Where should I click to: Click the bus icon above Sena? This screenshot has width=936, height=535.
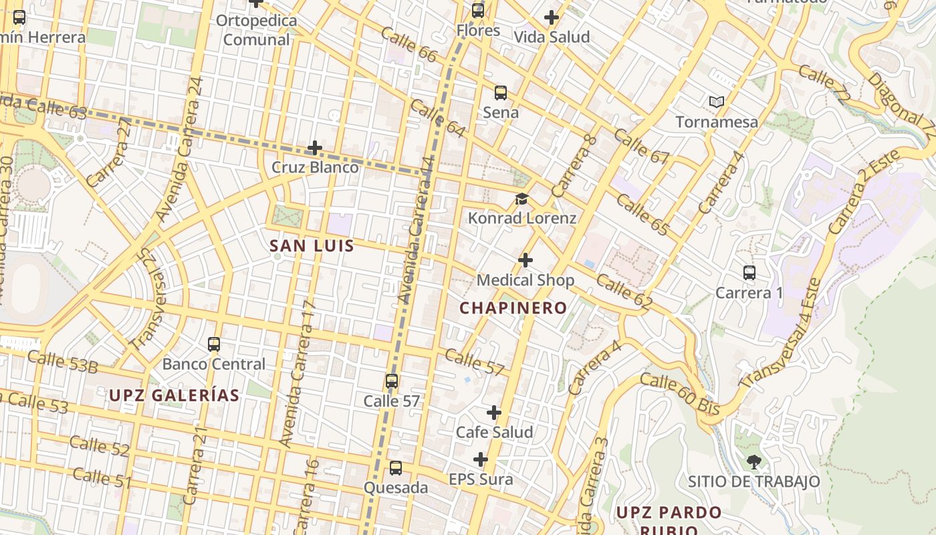click(500, 93)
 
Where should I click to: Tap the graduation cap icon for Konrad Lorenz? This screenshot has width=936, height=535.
click(521, 199)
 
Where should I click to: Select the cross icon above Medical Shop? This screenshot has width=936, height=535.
click(525, 260)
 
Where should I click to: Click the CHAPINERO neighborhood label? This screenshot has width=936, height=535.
click(513, 308)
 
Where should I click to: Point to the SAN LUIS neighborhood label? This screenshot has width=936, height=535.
click(312, 246)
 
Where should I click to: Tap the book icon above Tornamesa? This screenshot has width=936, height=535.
click(717, 102)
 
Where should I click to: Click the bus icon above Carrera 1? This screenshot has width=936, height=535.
click(749, 273)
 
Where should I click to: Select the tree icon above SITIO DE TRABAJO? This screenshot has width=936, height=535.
click(754, 461)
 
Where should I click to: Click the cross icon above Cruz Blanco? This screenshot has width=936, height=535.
click(314, 148)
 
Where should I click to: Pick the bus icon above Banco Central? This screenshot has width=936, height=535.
click(214, 344)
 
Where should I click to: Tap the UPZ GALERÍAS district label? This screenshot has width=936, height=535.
click(174, 395)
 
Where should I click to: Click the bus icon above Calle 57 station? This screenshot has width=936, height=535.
click(392, 382)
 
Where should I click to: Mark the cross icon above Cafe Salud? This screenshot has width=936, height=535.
click(494, 413)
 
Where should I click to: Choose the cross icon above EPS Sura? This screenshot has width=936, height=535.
click(481, 460)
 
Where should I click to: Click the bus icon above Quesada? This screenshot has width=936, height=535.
click(396, 468)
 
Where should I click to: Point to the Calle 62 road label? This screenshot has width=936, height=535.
click(624, 292)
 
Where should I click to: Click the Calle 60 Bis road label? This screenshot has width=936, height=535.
click(679, 395)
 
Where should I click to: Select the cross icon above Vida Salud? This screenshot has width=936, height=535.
click(552, 17)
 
